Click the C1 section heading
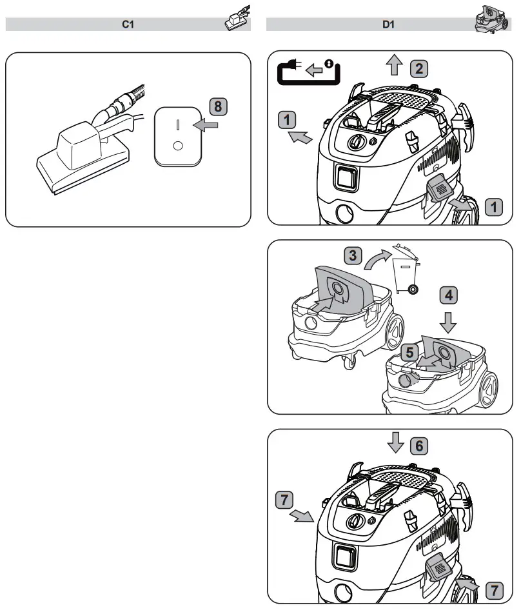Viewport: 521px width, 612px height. click(128, 25)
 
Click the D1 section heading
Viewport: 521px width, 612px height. click(388, 25)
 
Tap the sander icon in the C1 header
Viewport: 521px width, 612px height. click(236, 19)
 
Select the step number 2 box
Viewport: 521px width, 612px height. click(418, 68)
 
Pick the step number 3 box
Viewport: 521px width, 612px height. click(351, 256)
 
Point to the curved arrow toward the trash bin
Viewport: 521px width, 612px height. click(377, 260)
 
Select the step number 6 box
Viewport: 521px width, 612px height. click(418, 444)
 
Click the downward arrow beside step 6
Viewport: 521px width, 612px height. click(395, 443)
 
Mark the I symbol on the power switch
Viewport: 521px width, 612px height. click(178, 123)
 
